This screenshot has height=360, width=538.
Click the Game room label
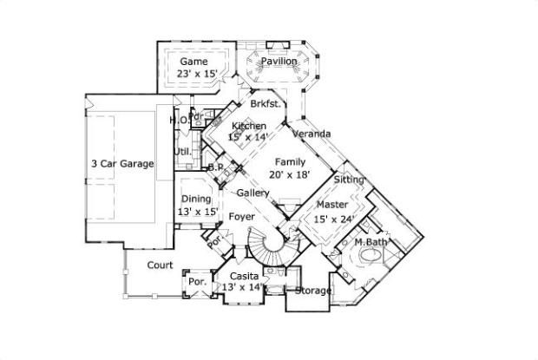tap(193, 62)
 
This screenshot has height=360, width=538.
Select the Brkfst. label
tap(264, 104)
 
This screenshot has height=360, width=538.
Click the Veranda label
tap(310, 134)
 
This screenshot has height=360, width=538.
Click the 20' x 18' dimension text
tap(289, 175)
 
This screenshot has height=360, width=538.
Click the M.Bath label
tap(371, 242)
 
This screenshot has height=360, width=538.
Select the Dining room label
tap(196, 200)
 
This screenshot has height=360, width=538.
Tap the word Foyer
tap(241, 217)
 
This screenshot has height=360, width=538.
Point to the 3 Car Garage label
tap(122, 163)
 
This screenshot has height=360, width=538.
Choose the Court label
tap(159, 265)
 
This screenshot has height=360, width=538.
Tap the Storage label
tap(313, 291)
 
